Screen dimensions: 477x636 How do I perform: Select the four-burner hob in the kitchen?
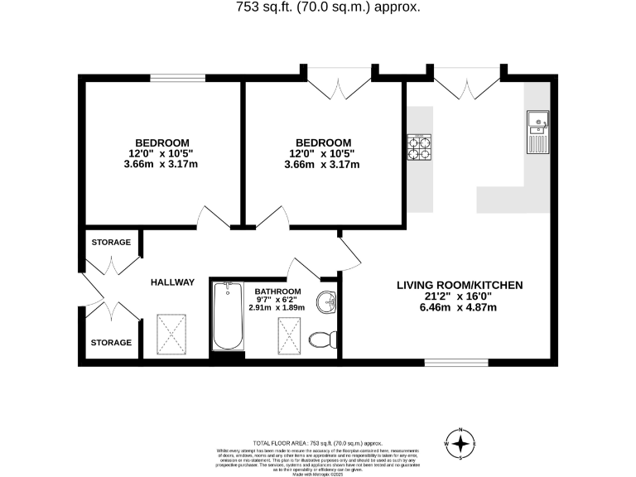419,147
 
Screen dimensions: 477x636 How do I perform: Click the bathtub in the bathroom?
226,317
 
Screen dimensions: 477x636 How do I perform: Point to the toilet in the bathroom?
320,339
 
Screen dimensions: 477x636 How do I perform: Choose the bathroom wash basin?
330,303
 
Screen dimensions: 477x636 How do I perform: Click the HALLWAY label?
172,282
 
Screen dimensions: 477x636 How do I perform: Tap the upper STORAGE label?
110,243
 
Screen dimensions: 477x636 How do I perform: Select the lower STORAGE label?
110,342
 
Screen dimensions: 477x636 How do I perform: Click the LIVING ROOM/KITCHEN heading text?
459,286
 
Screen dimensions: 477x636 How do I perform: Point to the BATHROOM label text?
277,292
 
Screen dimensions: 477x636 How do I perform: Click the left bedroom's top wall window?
177,79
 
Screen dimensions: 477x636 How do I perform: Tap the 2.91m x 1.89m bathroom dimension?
277,307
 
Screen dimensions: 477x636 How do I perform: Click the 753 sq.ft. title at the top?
318,7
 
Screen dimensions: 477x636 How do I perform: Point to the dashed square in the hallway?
172,334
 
